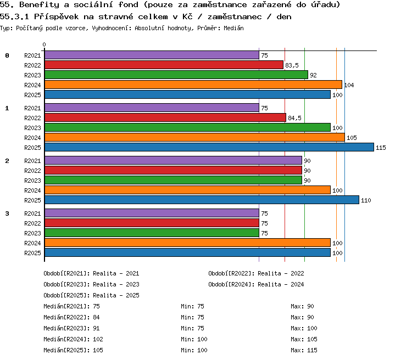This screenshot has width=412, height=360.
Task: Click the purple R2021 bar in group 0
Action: [152, 55]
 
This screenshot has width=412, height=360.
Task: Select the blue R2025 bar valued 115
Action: [209, 147]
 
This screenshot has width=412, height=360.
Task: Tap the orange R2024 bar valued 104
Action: [193, 85]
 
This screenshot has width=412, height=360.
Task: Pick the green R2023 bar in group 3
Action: [152, 233]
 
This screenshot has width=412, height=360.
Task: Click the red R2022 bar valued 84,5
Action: [165, 117]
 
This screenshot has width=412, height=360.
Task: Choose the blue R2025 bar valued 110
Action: [202, 200]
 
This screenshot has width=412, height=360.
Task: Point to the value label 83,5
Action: [292, 65]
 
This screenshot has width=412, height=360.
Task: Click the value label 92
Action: [313, 75]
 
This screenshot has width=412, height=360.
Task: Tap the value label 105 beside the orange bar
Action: [352, 138]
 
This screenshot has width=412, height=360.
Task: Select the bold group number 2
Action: [7, 161]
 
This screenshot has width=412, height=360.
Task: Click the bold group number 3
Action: [7, 213]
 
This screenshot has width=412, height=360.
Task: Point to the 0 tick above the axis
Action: [44, 44]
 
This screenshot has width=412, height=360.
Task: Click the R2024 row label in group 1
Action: [32, 138]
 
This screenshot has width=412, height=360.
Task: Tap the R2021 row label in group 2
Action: [32, 161]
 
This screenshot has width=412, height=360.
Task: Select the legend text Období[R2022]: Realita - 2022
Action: [256, 274]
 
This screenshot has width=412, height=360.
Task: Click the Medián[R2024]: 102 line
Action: [73, 339]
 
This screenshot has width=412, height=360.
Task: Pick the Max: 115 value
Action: [304, 350]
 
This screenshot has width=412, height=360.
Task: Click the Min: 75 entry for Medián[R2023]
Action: [193, 328]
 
